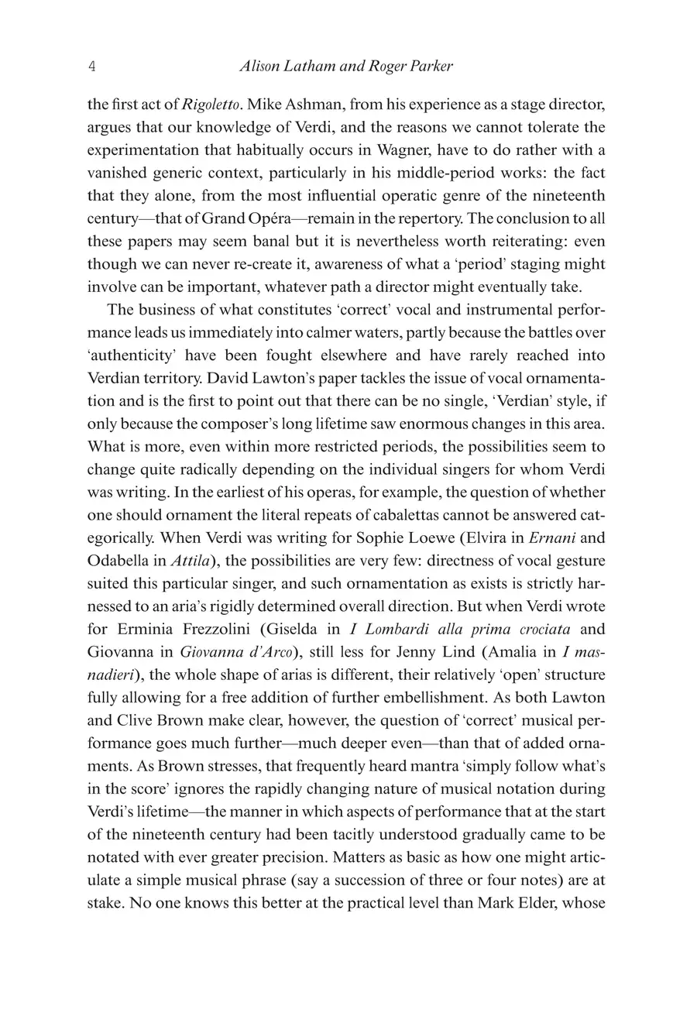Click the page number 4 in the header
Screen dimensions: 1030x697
point(92,67)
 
